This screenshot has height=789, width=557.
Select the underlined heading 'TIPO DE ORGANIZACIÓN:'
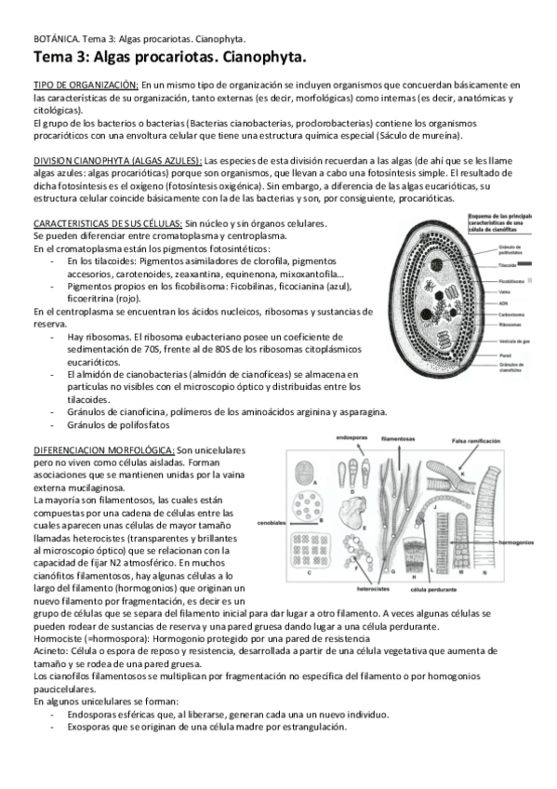click(x=85, y=86)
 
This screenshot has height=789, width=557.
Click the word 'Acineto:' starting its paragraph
click(x=51, y=654)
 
